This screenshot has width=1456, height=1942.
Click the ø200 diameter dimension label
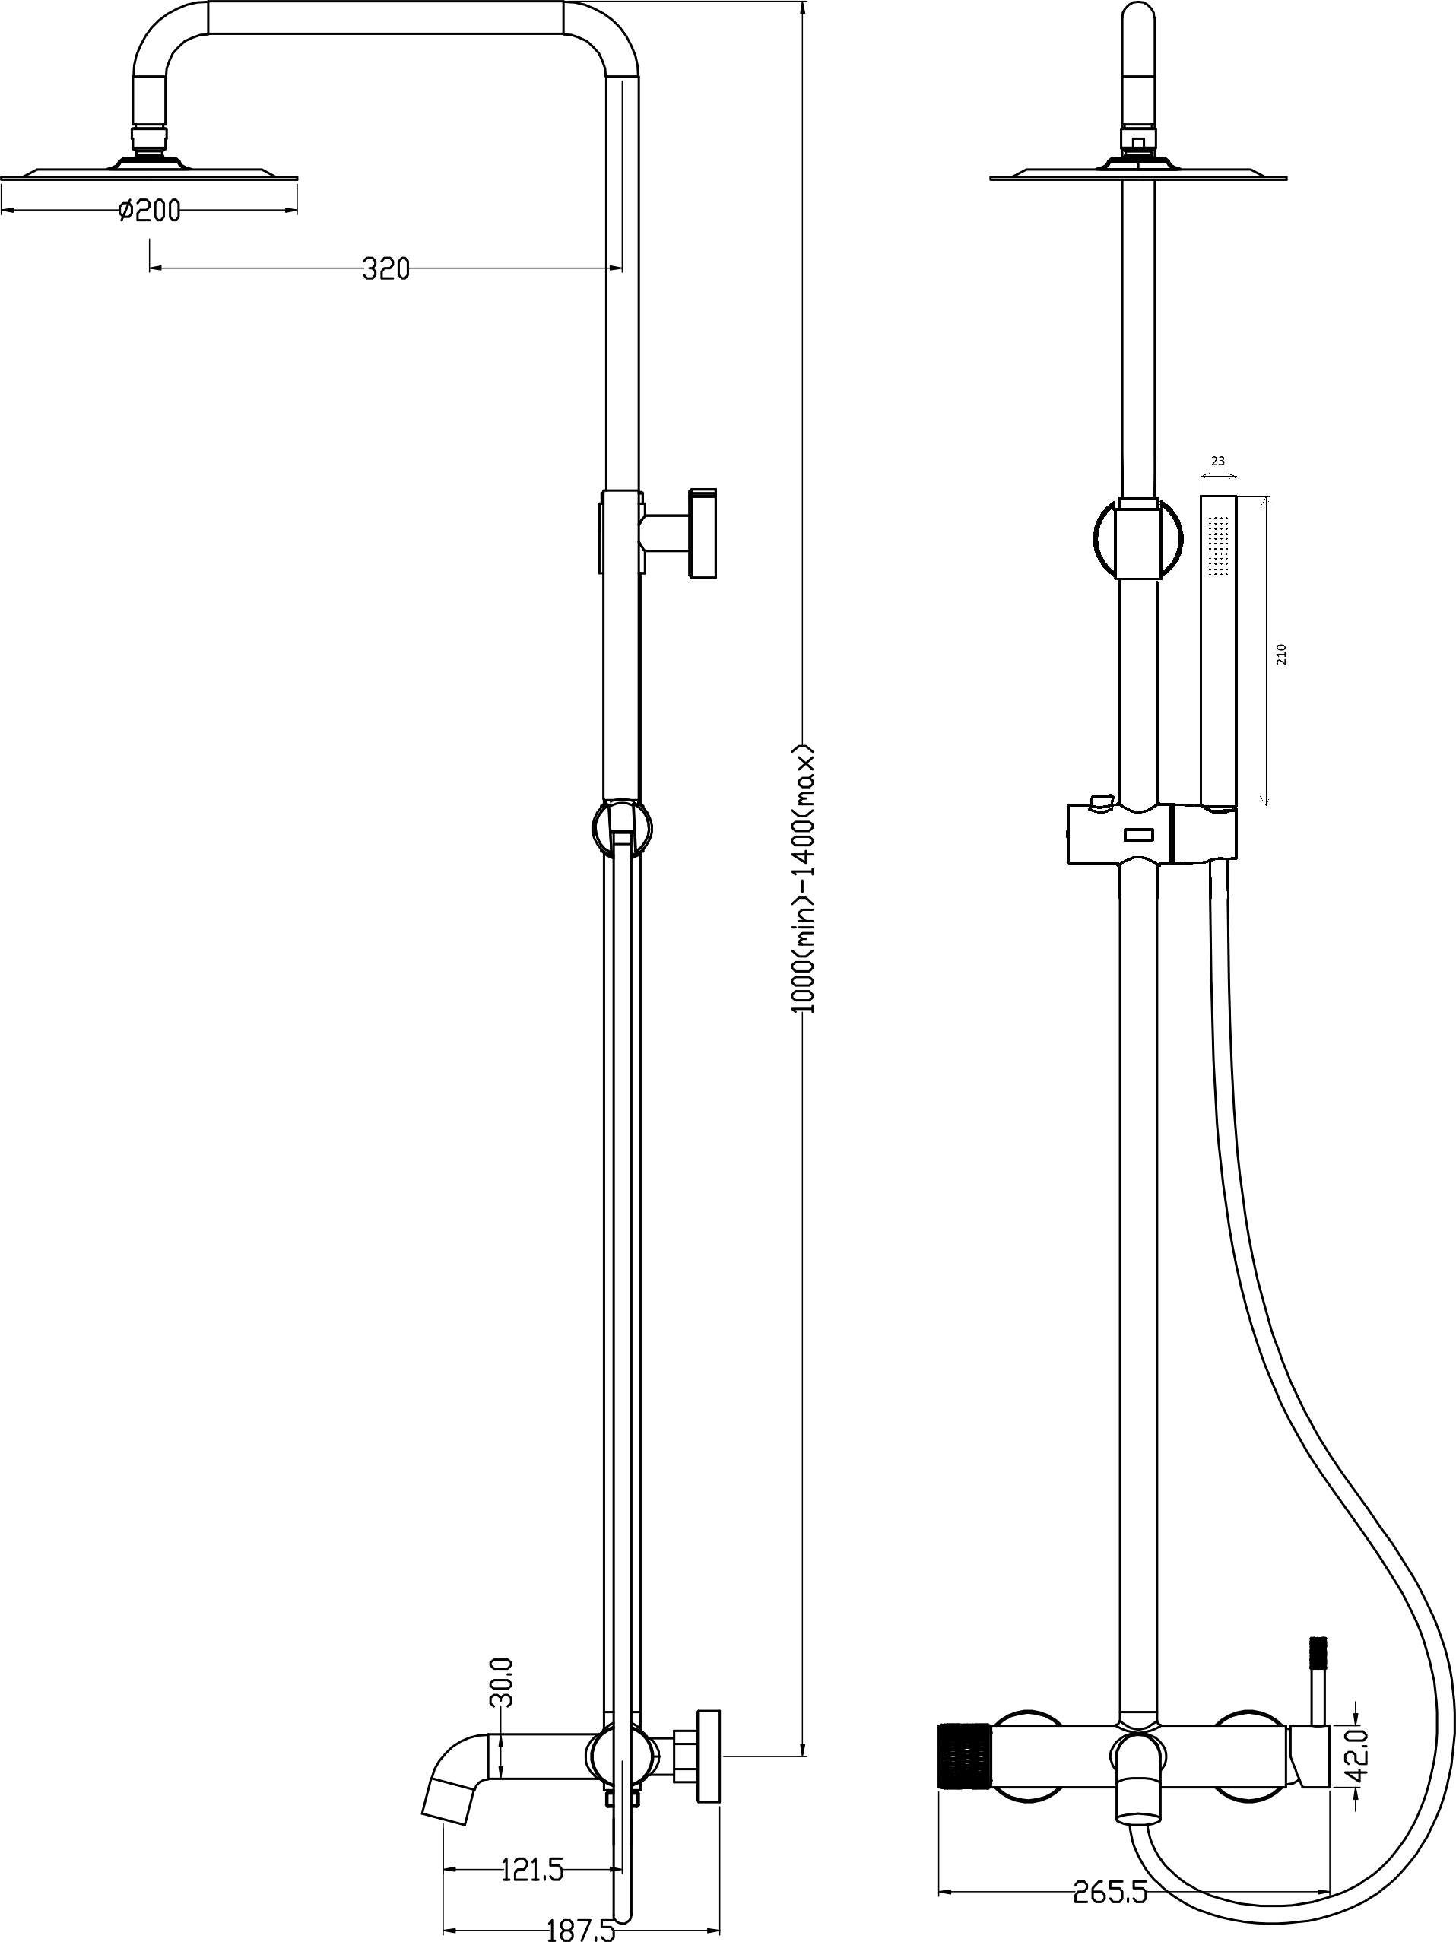coord(149,211)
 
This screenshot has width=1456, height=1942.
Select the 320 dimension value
coord(386,268)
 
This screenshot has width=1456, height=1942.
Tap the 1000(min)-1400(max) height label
coord(804,878)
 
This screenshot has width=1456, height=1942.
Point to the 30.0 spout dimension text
coord(505,1683)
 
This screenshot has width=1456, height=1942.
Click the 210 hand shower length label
coord(1280,654)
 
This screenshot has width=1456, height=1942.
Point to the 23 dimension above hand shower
coord(1217,461)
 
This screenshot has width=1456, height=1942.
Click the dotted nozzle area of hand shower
coord(1218,544)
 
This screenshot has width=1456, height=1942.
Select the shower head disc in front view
coord(1138,171)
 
